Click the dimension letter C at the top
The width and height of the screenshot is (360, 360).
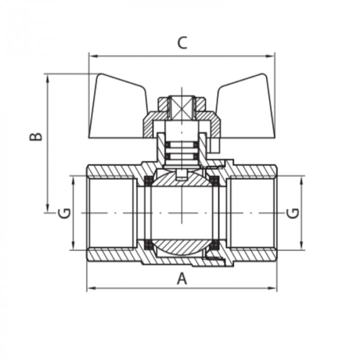[x=182, y=43]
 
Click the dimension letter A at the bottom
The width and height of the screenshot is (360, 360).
[x=181, y=278]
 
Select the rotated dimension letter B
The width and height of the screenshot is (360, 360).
[x=35, y=137]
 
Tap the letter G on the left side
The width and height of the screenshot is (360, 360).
[x=64, y=212]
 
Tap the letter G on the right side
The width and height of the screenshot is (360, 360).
[x=293, y=213]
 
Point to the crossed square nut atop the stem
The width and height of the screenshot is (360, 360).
[x=182, y=106]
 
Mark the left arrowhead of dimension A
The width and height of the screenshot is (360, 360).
[x=90, y=289]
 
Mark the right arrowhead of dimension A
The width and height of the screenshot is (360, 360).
[x=274, y=289]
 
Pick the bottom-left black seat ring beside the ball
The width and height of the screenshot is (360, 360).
[x=148, y=244]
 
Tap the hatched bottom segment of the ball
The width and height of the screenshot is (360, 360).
[x=182, y=245]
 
